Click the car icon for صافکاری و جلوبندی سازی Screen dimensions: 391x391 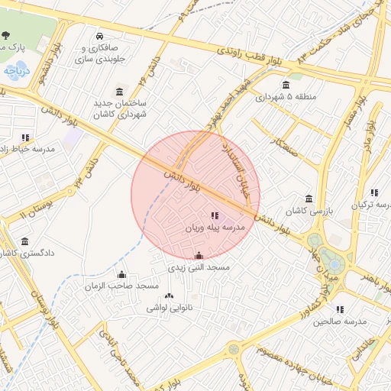pyautogui.click(x=100, y=36)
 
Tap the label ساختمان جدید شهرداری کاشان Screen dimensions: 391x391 pyautogui.click(x=120, y=108)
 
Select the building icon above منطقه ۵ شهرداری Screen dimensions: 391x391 pyautogui.click(x=286, y=85)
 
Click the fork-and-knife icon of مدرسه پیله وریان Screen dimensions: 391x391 pyautogui.click(x=214, y=216)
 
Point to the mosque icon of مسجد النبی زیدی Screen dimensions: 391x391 pyautogui.click(x=199, y=256)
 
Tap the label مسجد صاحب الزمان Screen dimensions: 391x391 pyautogui.click(x=122, y=286)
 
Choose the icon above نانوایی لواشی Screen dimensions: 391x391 pyautogui.click(x=169, y=296)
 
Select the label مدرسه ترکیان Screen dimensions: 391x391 pyautogui.click(x=370, y=205)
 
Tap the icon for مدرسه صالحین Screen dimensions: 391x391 pyautogui.click(x=340, y=309)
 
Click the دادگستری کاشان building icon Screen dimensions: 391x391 pyautogui.click(x=25, y=241)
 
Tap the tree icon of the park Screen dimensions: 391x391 pyautogui.click(x=6, y=35)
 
